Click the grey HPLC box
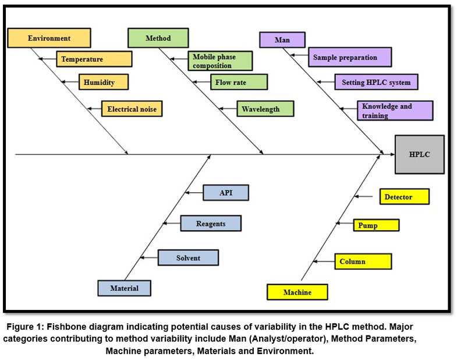[x=419, y=154]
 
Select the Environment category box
[x=49, y=38]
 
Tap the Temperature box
[x=94, y=59]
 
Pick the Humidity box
[x=104, y=82]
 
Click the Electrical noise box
[x=132, y=108]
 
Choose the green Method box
[x=158, y=38]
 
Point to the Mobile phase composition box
[x=220, y=61]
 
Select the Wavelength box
[x=265, y=109]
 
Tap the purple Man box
[x=282, y=40]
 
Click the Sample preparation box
[x=349, y=57]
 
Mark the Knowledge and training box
[x=395, y=111]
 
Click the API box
[x=226, y=193]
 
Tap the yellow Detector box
[x=404, y=197]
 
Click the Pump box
[x=376, y=225]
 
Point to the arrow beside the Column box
[x=325, y=261]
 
